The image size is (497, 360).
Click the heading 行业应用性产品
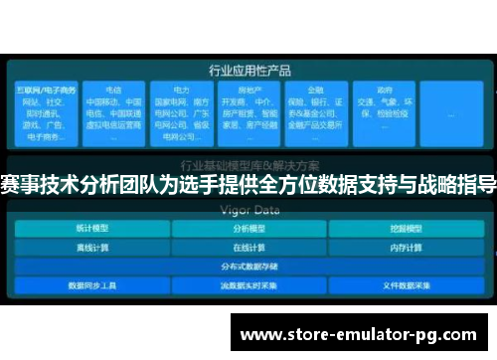click(x=248, y=71)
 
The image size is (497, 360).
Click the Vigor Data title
click(x=248, y=210)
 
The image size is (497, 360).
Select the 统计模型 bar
click(x=91, y=228)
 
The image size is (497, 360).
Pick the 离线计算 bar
click(x=91, y=247)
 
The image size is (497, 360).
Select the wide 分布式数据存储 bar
click(x=248, y=266)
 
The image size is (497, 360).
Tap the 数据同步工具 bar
click(x=91, y=284)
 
